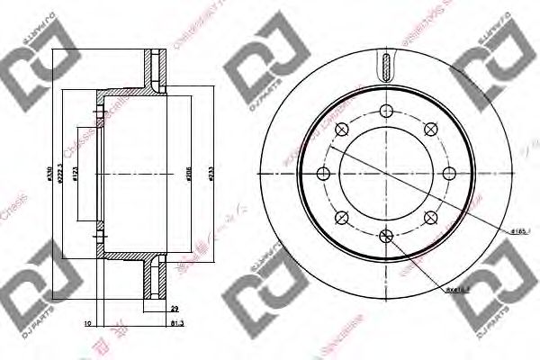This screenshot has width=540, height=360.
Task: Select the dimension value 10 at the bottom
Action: [86, 321]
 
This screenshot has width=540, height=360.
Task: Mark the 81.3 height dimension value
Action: [175, 321]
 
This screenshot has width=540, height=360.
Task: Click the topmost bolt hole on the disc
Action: [386, 111]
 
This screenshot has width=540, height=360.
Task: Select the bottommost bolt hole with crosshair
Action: [386, 236]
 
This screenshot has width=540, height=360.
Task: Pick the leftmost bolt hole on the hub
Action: [324, 173]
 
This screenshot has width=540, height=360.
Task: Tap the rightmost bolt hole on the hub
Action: [448, 173]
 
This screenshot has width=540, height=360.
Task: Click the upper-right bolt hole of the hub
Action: [430, 129]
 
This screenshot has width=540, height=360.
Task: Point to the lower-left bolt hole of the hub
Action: [342, 217]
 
